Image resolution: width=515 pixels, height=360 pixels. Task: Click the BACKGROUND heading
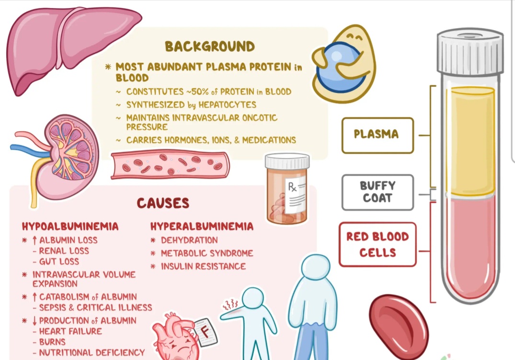click(210, 46)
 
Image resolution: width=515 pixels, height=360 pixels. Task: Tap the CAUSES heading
click(163, 203)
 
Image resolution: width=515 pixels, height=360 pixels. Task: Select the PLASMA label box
click(377, 135)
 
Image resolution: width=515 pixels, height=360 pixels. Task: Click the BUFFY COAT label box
click(378, 192)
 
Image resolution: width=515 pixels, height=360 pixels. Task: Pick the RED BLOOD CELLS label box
click(378, 244)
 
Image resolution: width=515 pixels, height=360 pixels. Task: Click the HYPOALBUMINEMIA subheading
click(70, 226)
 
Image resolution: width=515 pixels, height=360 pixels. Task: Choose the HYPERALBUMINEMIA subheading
click(202, 226)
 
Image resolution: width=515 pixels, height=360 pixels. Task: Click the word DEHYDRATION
click(189, 240)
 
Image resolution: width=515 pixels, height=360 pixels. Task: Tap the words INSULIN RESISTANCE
click(203, 266)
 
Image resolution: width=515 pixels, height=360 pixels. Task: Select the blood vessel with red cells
click(170, 165)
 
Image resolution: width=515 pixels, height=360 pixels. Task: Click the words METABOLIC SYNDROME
click(207, 253)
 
